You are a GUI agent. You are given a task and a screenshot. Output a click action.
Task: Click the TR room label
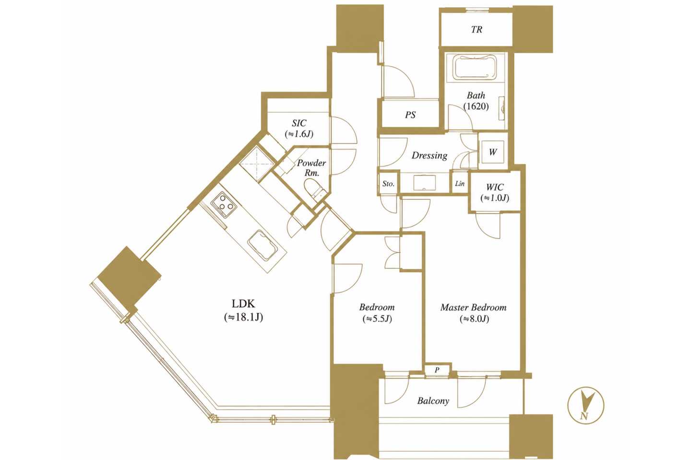(477, 30)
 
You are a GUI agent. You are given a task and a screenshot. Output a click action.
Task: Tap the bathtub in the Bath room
(475, 68)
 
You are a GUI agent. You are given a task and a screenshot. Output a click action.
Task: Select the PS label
(410, 115)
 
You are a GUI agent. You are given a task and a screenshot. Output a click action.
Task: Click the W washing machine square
(492, 152)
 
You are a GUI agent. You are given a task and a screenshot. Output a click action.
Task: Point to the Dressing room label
(429, 156)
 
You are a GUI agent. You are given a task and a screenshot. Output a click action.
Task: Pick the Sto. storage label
(388, 184)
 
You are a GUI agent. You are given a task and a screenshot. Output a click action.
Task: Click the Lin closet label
(460, 184)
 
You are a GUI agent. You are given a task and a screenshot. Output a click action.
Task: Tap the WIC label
(495, 187)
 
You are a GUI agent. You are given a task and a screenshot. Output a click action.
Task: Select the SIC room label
(299, 123)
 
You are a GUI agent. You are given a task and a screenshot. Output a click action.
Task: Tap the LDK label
(243, 304)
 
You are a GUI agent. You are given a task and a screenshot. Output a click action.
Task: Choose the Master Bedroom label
(474, 308)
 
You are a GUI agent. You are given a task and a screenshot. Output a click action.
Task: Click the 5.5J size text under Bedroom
(377, 319)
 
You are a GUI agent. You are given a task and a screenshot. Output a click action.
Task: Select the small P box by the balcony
(437, 370)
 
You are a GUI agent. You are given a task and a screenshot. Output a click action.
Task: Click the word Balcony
(433, 401)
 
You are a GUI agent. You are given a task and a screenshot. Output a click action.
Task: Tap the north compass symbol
(586, 405)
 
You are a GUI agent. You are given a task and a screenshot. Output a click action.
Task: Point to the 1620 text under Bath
(476, 106)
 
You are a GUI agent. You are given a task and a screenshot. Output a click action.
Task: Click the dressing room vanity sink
(425, 182)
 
